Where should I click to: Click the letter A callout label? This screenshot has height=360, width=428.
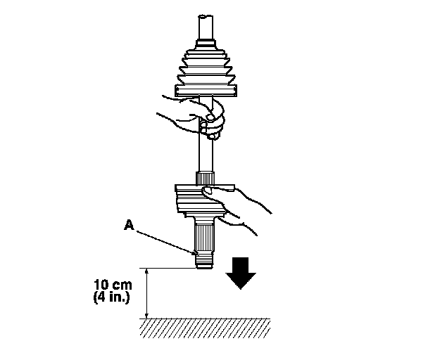coord(129,224)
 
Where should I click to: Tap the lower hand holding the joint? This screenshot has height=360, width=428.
coord(239,207)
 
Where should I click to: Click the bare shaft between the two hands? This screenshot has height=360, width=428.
coord(206,151)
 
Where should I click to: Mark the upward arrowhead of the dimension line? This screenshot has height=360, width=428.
coord(146,271)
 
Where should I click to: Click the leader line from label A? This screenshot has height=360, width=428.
coord(165,238)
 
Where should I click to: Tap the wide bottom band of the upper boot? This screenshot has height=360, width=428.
coord(206,89)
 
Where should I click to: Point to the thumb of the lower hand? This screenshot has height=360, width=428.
coord(208,189)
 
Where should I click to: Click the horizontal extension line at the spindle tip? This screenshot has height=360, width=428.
coord(169,267)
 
